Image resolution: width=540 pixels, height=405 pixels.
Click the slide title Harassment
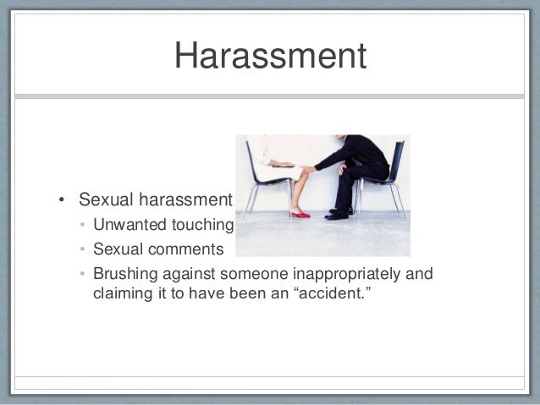[270, 57]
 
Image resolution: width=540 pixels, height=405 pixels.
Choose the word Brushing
[123, 275]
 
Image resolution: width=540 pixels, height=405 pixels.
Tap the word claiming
[122, 295]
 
